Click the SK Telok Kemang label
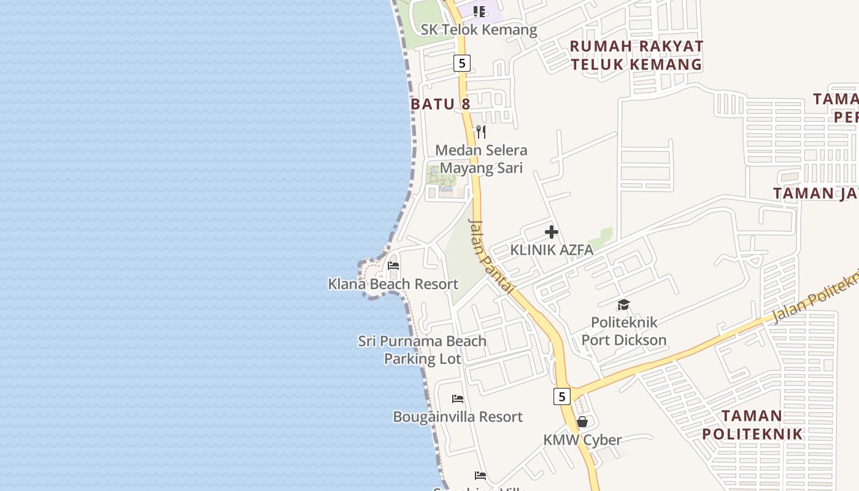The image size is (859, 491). (479, 29)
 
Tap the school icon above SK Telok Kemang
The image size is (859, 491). (479, 12)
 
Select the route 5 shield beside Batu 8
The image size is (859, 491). (462, 63)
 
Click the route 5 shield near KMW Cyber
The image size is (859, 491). (562, 396)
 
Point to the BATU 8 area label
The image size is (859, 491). (441, 104)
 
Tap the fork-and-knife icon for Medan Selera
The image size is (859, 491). (481, 132)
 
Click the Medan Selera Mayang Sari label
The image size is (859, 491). (481, 159)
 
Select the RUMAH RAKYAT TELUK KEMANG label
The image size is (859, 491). (636, 55)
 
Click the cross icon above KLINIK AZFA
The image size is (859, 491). (552, 232)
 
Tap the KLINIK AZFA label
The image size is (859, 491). (552, 250)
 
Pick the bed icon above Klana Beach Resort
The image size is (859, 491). (393, 266)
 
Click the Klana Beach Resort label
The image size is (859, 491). (393, 284)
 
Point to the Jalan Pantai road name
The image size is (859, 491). (491, 255)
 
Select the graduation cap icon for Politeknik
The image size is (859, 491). (623, 304)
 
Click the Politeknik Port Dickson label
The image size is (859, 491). (623, 331)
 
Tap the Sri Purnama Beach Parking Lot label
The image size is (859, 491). (422, 350)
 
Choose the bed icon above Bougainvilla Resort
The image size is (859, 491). (458, 399)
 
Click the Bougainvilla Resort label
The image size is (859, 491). (458, 417)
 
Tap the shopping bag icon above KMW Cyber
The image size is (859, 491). (582, 422)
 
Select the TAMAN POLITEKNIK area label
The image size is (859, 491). (752, 425)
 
